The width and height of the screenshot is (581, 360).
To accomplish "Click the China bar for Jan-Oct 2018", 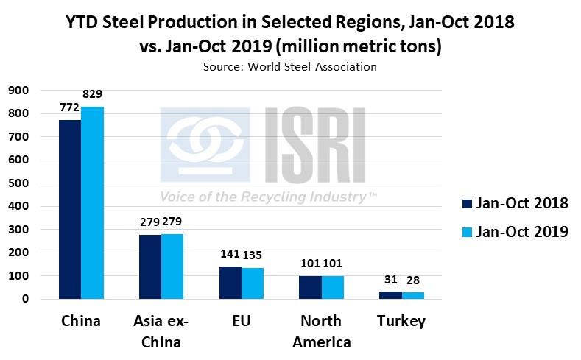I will (70, 209).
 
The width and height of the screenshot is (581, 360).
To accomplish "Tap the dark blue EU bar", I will (231, 283).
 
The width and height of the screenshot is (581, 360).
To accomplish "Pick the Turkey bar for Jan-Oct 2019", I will (413, 296).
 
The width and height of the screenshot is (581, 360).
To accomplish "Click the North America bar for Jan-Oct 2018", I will (311, 287).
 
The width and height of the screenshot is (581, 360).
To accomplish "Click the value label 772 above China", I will (69, 107).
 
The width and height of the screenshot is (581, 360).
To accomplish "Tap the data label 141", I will (231, 254).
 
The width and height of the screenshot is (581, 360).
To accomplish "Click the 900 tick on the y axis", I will (18, 90).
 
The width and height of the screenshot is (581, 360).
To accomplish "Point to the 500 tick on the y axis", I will (18, 183).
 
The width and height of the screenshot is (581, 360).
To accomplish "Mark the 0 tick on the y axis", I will (24, 299).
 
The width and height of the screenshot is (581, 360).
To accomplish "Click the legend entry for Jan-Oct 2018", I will (513, 203).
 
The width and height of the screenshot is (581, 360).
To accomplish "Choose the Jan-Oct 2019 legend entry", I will (513, 231).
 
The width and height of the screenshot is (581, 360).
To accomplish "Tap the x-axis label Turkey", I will (401, 322).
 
